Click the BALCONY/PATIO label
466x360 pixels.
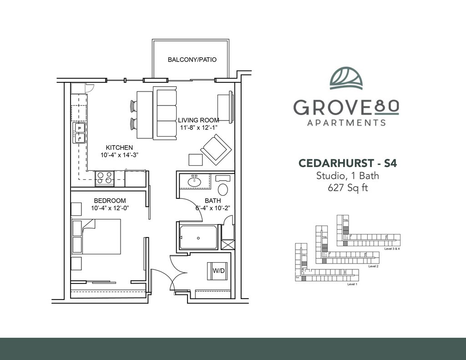192,60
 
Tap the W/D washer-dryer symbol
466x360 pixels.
218,271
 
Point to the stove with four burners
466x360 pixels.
105,178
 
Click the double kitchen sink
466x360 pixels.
79,133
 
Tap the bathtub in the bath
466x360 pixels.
198,238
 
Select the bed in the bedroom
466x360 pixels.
96,236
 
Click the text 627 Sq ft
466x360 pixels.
348,188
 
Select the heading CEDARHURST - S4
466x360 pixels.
348,163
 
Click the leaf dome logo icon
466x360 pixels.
346,78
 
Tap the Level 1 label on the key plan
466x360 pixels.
352,284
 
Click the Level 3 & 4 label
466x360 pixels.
392,248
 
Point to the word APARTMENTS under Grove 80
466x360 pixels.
346,122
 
